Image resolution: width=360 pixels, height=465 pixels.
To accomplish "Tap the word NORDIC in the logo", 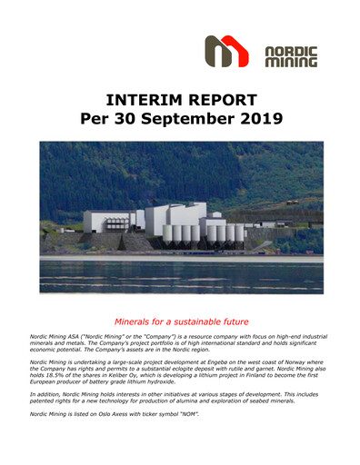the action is (290, 51).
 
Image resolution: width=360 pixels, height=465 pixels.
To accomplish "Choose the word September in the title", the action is (185, 118).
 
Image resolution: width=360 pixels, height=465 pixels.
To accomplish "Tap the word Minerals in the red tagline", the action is (135, 322).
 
